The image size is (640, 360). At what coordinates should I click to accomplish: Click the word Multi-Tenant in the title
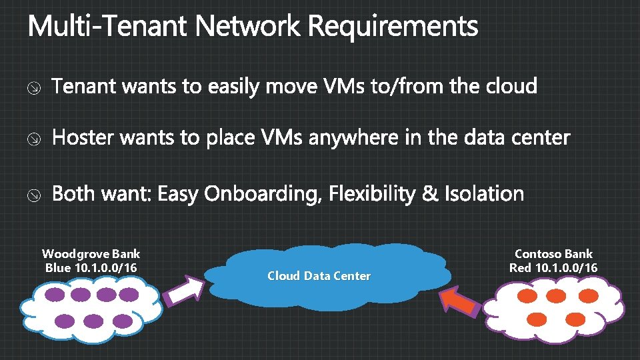(108, 28)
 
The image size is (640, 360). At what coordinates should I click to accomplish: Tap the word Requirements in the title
(393, 28)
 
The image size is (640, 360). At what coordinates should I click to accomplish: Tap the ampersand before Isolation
(431, 195)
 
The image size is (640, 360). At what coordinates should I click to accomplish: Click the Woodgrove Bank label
(91, 254)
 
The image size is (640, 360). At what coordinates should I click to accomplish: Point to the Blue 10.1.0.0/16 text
(91, 268)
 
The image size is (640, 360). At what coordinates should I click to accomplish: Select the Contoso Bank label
(553, 254)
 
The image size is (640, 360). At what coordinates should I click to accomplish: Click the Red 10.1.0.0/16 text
(553, 268)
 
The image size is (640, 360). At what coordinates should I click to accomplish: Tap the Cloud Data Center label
(319, 276)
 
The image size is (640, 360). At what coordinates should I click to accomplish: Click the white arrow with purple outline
(185, 292)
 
